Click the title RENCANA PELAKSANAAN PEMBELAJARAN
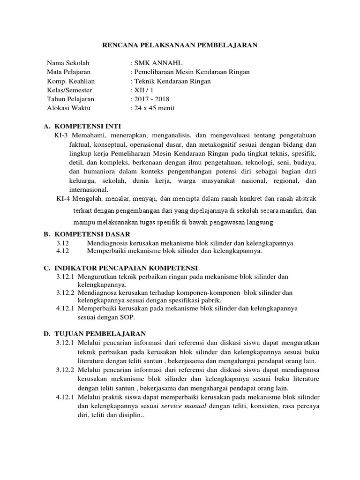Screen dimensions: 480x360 click(x=180, y=45)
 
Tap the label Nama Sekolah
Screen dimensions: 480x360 click(x=68, y=63)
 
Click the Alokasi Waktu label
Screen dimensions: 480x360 click(x=69, y=108)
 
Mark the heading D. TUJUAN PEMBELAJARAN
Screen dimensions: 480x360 click(x=95, y=334)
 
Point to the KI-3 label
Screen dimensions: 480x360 click(x=62, y=135)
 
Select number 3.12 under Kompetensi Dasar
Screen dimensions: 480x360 click(x=62, y=243)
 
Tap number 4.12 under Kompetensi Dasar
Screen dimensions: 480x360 click(x=62, y=251)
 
